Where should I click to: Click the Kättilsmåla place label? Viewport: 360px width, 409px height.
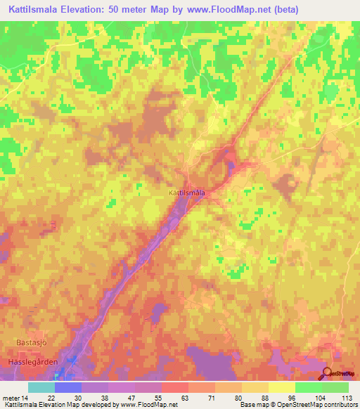point(187,191)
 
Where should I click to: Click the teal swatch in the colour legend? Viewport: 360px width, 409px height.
point(41,387)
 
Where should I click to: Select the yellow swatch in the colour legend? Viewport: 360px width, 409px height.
point(282,387)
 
